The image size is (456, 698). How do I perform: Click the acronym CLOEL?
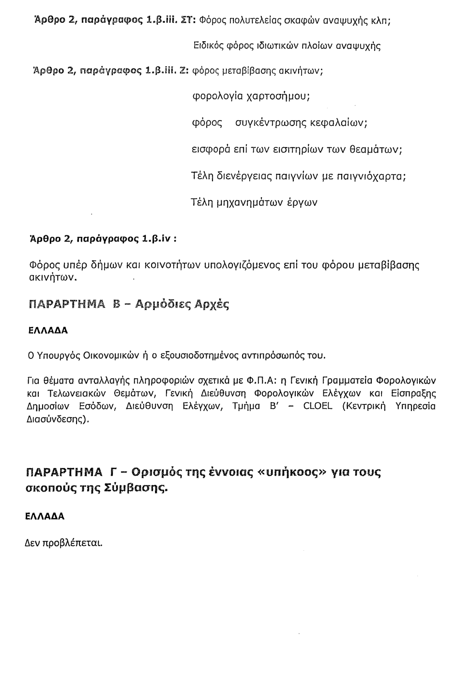(318, 406)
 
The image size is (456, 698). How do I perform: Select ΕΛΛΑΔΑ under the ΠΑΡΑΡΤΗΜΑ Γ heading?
(45, 516)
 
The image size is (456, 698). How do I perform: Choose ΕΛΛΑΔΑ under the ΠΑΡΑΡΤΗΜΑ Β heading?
(47, 331)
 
